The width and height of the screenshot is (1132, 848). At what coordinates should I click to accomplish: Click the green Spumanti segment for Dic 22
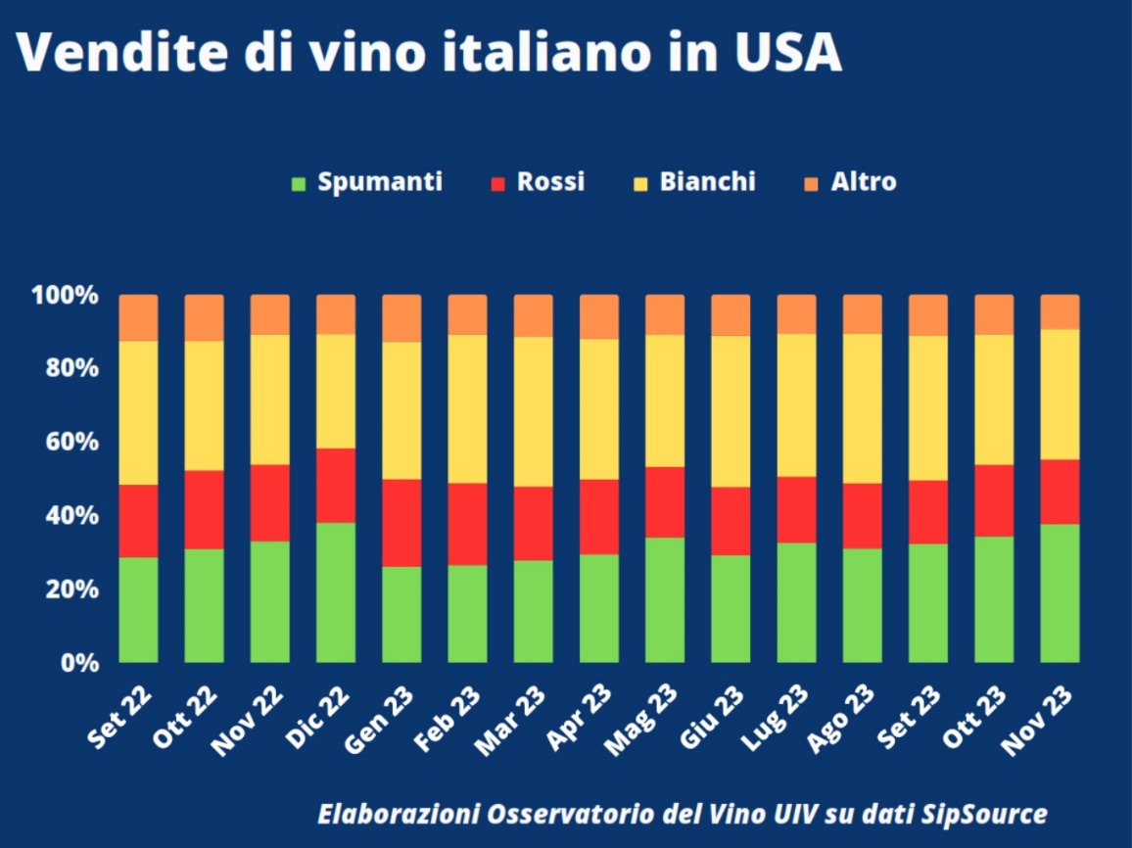336,591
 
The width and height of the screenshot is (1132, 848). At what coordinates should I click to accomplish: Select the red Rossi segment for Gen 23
401,522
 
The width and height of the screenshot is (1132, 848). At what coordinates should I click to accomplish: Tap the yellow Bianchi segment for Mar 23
533,411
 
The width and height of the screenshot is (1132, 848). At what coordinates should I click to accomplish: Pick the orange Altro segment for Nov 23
1060,311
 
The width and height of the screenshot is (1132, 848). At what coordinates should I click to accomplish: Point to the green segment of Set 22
138,609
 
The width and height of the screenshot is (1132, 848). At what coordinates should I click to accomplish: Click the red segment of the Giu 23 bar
731,520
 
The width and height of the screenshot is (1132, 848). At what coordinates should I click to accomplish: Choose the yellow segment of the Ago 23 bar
862,408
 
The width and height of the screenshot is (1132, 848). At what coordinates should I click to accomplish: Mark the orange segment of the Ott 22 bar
204,317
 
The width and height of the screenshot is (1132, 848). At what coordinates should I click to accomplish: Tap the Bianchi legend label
707,182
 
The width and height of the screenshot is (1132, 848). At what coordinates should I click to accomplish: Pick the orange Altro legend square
811,183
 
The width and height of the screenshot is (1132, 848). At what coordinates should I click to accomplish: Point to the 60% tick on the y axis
65,442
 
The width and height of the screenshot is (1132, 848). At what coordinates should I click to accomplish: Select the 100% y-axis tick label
65,295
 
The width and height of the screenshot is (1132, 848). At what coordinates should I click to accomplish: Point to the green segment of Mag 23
664,599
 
